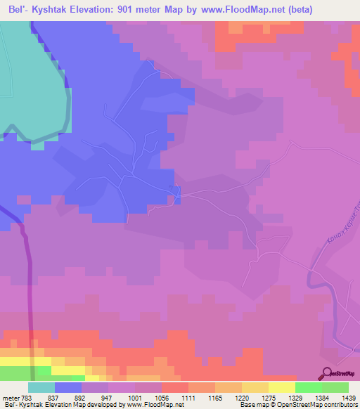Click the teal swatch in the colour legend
click(41, 387)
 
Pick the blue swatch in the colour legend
click(68, 387)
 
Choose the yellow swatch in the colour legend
click(282, 387)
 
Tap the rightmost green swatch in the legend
click(335, 387)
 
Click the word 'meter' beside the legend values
click(11, 398)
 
